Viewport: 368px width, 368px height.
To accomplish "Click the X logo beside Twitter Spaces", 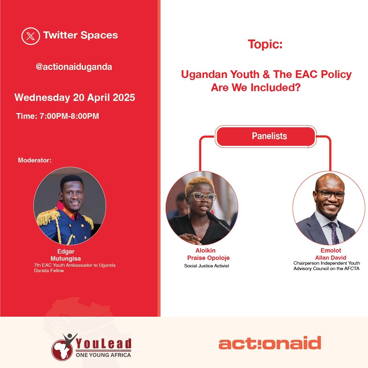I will (30, 36).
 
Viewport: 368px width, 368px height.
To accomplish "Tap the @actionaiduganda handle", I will (74, 67).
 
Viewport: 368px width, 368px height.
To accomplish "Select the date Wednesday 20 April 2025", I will (75, 98).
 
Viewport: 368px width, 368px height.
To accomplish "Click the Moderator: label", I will (34, 160).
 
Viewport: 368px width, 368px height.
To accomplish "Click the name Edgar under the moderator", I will (66, 251).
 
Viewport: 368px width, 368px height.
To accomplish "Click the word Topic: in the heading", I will (265, 44).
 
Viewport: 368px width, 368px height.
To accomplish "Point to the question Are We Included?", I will (256, 88).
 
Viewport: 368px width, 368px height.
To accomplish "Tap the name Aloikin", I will (205, 251).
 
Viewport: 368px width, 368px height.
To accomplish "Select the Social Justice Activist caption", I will (207, 266).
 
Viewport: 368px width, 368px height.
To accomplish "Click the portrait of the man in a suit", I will (328, 207).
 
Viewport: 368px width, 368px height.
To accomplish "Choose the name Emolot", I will (331, 251).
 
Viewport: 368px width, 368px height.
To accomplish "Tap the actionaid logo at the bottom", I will (269, 343).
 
